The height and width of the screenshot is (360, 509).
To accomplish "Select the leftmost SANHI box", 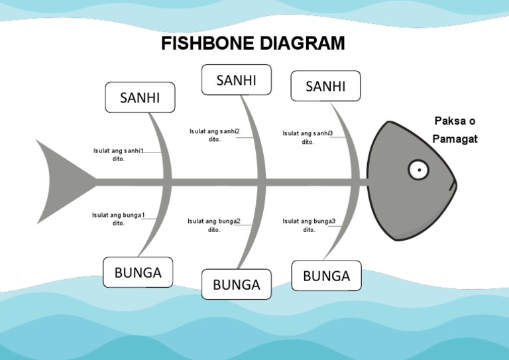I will [x=140, y=97].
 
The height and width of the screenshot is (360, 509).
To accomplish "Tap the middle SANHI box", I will [x=237, y=80].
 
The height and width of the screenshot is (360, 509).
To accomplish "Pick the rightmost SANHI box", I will [x=325, y=86].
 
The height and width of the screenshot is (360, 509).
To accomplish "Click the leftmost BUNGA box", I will [x=138, y=272].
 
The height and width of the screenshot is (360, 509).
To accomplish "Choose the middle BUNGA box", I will [x=237, y=284].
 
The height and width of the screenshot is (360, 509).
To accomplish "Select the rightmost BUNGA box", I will [x=326, y=276].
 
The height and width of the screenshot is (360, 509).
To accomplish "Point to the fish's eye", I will [x=418, y=170].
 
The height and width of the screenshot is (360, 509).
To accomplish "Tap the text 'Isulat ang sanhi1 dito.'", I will [x=119, y=154].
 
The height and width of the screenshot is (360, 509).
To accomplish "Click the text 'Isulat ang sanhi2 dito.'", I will [x=214, y=135].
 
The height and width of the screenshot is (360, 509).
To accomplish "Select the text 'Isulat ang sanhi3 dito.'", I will [x=308, y=137].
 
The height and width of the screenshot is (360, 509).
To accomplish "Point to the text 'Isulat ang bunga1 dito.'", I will [x=119, y=219].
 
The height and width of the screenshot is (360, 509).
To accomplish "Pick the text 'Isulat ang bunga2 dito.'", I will [x=214, y=225].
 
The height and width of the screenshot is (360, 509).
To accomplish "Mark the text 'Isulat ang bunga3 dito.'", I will [x=309, y=225].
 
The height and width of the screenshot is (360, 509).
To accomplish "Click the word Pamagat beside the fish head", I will [x=455, y=139].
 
